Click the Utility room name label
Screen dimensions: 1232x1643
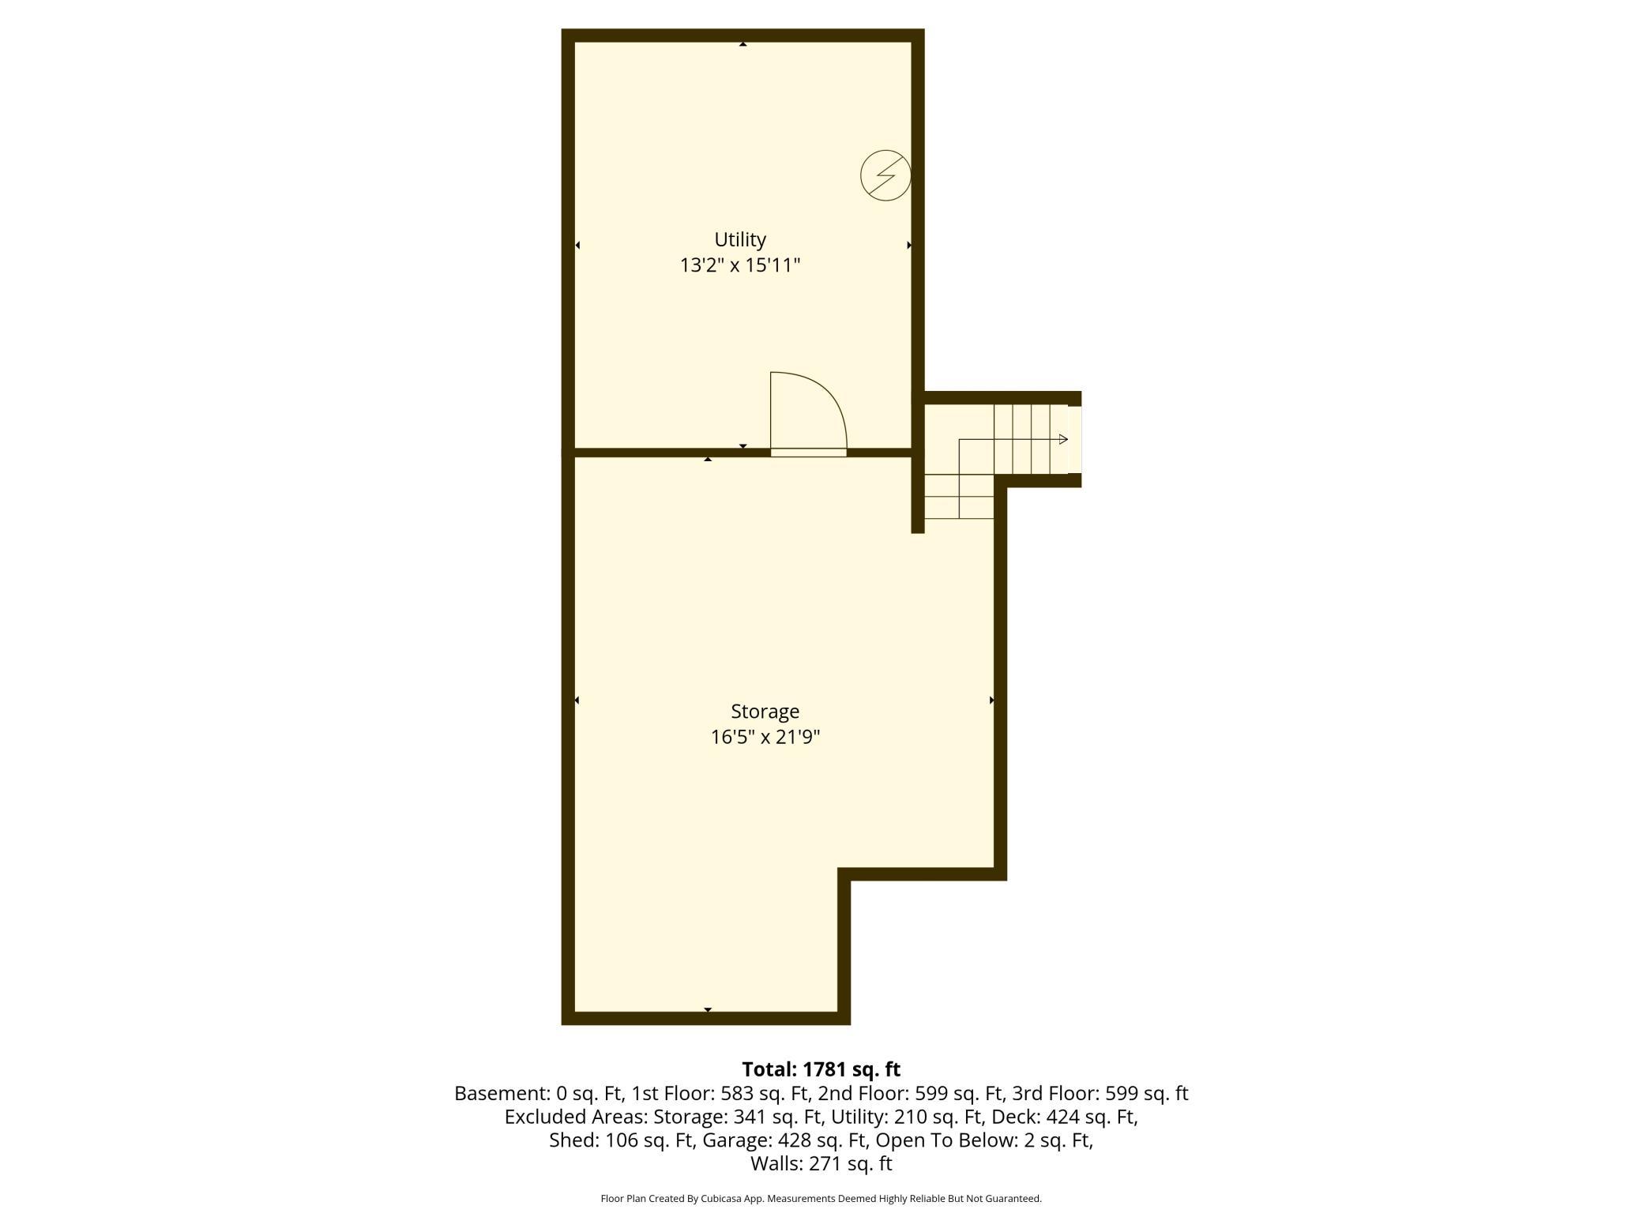(x=740, y=239)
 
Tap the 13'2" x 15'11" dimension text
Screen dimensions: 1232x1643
(x=740, y=265)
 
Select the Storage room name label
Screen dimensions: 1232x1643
(x=765, y=712)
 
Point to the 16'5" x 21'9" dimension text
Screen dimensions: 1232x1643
(x=765, y=738)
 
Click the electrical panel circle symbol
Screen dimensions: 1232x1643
(x=885, y=175)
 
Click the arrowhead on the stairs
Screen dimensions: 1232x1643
(x=1063, y=439)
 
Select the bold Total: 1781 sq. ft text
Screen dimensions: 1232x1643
(x=821, y=1069)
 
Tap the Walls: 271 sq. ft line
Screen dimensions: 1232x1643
(x=821, y=1163)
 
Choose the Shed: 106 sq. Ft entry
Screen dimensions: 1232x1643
(x=619, y=1140)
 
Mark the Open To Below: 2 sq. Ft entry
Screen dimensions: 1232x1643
(x=984, y=1140)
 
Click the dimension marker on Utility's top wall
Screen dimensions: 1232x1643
(x=743, y=44)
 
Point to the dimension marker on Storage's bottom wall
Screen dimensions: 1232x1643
(x=708, y=1010)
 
